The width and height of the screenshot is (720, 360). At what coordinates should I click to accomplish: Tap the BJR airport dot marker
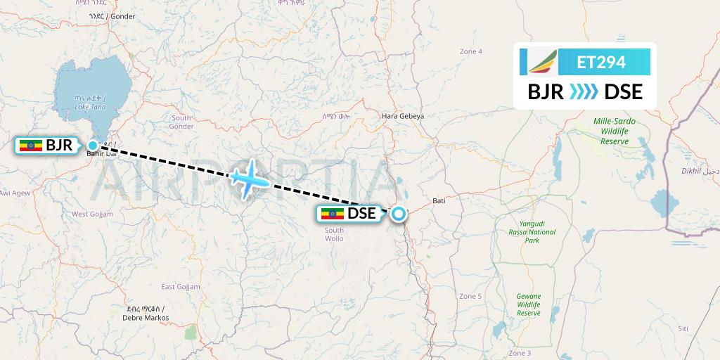coord(93,146)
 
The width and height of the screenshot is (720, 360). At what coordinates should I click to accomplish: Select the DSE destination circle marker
coord(399,214)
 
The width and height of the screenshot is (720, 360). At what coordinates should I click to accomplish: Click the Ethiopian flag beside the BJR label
coord(30,146)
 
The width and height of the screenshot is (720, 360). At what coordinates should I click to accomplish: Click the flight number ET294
coord(600,62)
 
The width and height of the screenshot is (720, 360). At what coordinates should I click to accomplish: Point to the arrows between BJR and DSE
coord(584,91)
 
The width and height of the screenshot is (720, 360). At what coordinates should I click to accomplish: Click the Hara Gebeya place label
coord(402,116)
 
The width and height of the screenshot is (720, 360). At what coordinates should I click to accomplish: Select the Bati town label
coord(439,201)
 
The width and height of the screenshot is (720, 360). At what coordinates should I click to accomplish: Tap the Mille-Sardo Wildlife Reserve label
coord(615,131)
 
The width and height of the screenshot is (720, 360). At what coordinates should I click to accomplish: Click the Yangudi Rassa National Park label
coord(532,232)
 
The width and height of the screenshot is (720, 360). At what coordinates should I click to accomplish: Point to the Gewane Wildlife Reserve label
coord(528,304)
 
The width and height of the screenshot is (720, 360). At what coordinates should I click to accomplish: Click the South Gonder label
coord(181,122)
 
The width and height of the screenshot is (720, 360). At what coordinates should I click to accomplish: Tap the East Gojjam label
coord(181,287)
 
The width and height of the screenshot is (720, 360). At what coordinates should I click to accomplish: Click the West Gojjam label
coord(92,214)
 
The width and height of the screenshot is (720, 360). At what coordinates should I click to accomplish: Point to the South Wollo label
coord(334,234)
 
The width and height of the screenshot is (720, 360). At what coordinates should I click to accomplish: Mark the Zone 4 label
coord(471,51)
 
